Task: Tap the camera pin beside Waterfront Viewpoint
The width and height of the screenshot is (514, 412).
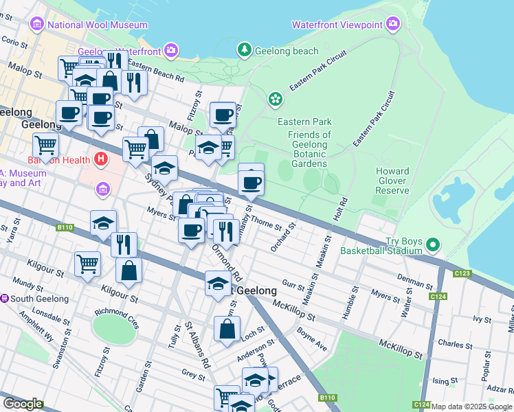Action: (393, 25)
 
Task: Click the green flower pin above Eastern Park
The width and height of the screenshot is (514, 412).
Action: (276, 100)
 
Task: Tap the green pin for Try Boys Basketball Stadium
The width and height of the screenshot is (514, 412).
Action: (432, 244)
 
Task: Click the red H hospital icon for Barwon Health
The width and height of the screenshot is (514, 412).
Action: (101, 160)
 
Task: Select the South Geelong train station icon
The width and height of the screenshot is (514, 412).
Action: (5, 299)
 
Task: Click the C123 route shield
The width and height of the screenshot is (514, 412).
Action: (463, 273)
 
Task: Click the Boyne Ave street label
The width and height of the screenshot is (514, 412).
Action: (312, 337)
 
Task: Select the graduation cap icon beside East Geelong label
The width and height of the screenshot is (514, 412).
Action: (218, 284)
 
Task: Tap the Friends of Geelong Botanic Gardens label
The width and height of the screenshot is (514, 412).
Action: (309, 149)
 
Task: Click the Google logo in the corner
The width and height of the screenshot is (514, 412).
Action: (23, 404)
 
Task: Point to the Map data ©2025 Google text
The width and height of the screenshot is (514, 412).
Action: (471, 407)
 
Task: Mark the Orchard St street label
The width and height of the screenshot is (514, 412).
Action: (284, 237)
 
